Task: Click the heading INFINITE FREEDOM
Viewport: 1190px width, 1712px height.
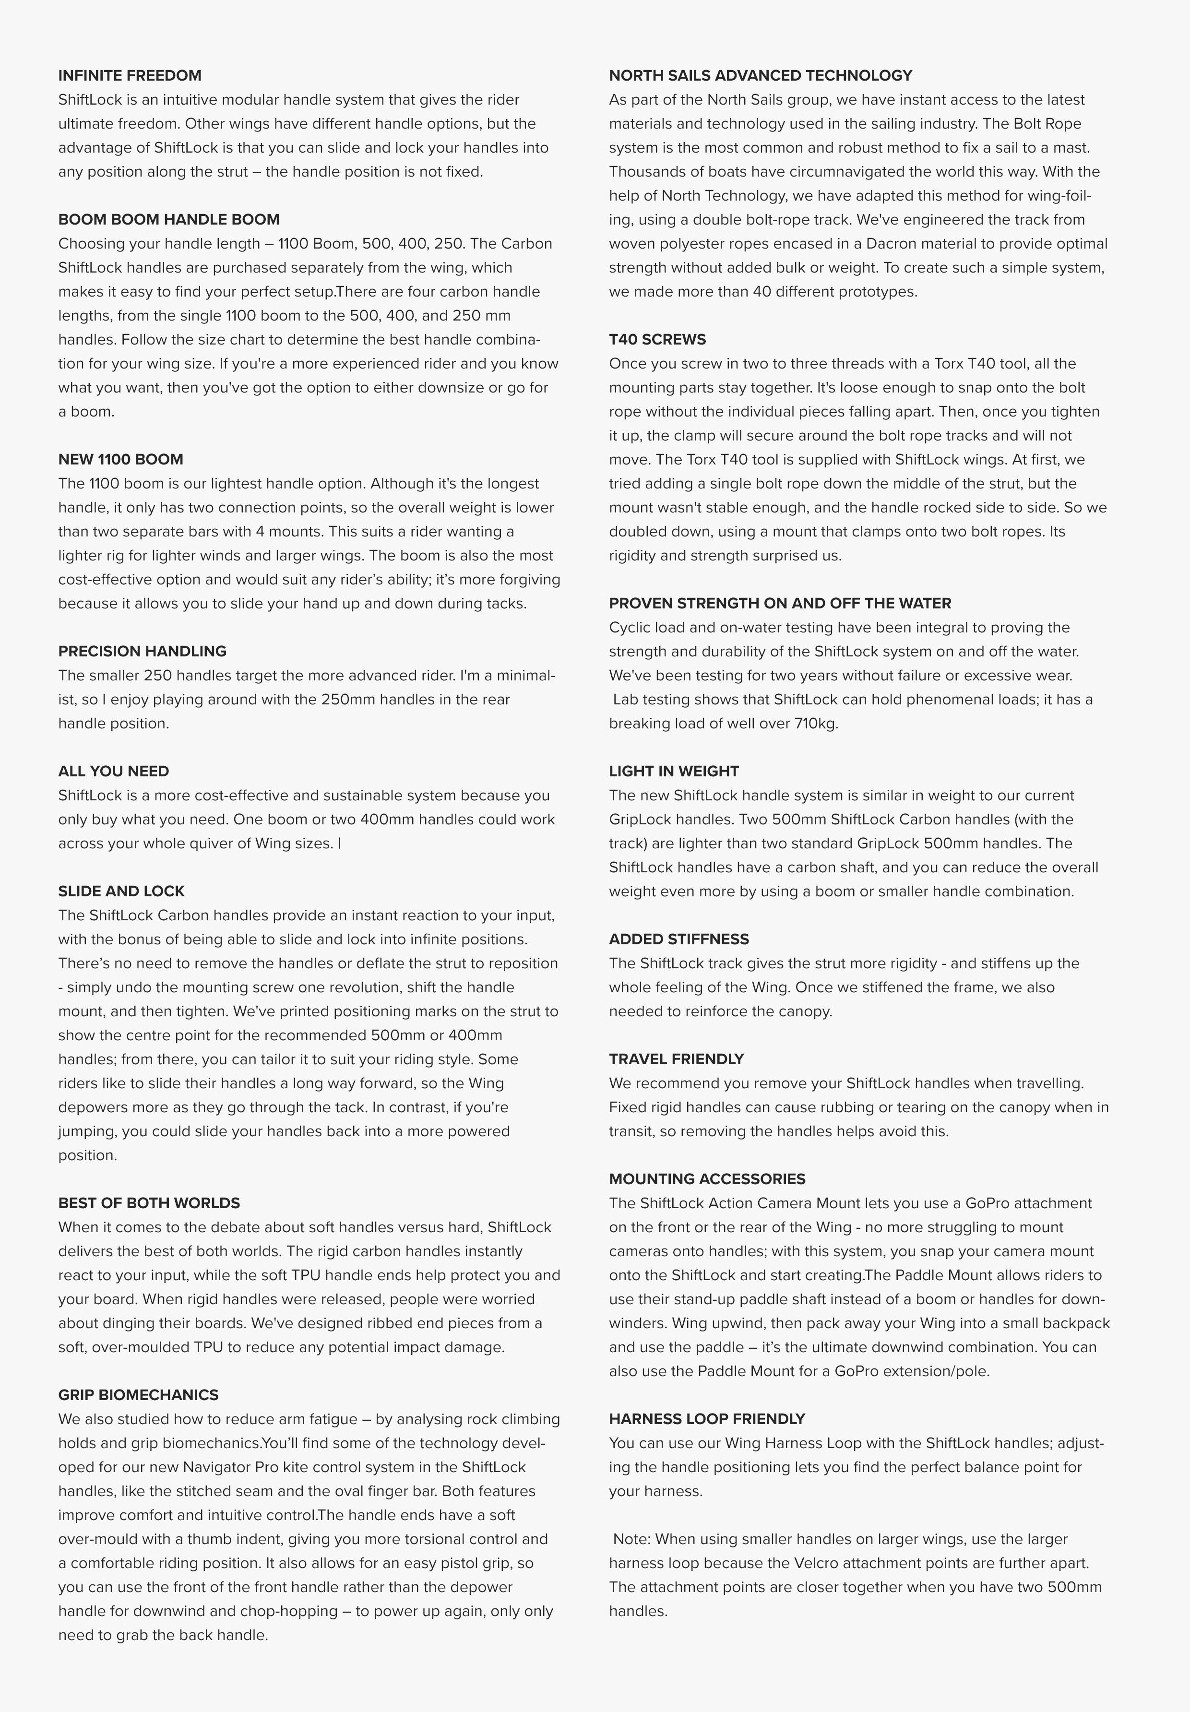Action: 130,75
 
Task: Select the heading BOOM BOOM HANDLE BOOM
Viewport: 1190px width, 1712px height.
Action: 168,219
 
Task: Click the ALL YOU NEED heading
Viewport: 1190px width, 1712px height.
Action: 113,771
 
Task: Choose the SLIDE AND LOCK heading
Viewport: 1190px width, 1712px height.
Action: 121,891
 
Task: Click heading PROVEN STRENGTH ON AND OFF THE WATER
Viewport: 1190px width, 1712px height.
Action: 780,603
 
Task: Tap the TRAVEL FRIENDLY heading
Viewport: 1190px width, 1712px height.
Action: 676,1059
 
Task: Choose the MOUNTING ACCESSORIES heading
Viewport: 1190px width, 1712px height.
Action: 707,1179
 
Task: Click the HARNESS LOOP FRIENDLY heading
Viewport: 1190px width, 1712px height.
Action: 707,1418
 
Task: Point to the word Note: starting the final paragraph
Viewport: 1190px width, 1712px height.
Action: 632,1538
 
